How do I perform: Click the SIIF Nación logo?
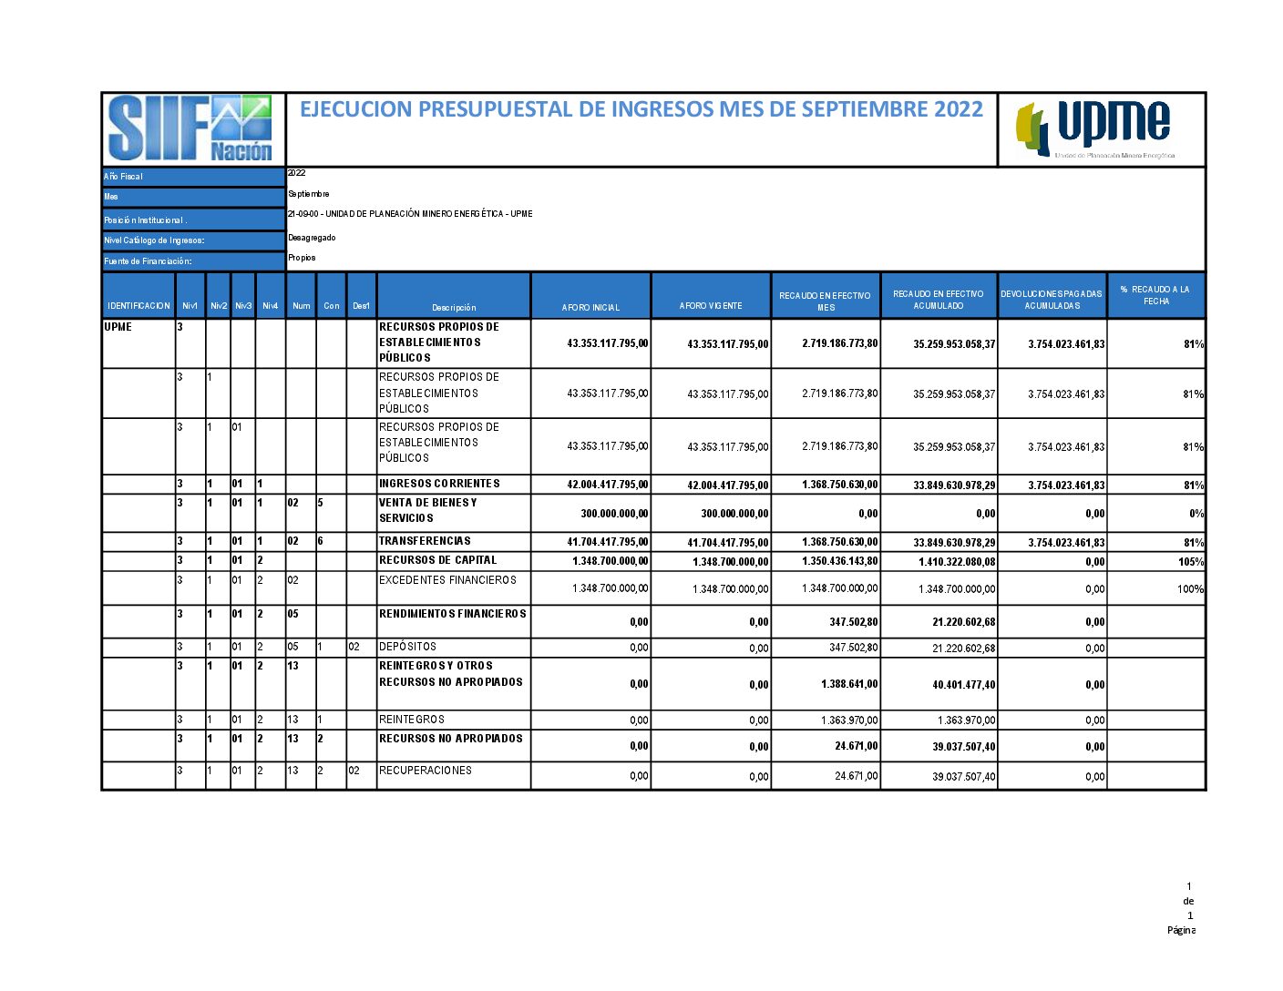[x=192, y=128]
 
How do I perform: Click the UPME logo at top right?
[x=1101, y=128]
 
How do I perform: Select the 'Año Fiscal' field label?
[x=124, y=177]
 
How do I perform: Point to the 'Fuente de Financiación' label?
[x=148, y=261]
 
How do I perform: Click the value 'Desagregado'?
[x=312, y=238]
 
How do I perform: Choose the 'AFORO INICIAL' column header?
[x=590, y=307]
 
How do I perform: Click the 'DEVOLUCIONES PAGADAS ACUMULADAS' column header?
[x=1052, y=300]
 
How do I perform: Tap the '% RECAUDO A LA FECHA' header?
[x=1155, y=295]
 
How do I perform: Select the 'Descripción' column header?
[x=454, y=307]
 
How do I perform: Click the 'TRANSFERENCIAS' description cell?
[x=426, y=541]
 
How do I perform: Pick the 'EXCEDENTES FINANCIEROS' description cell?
[x=447, y=580]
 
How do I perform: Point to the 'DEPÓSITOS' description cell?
[x=407, y=647]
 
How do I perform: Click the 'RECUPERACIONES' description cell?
[x=426, y=771]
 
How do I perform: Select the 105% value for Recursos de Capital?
[x=1191, y=562]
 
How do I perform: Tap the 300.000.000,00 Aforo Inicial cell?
[x=614, y=514]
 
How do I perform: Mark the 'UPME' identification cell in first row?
[x=118, y=327]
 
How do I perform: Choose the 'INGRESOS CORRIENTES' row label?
[x=439, y=484]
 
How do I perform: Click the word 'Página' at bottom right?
[x=1181, y=930]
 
